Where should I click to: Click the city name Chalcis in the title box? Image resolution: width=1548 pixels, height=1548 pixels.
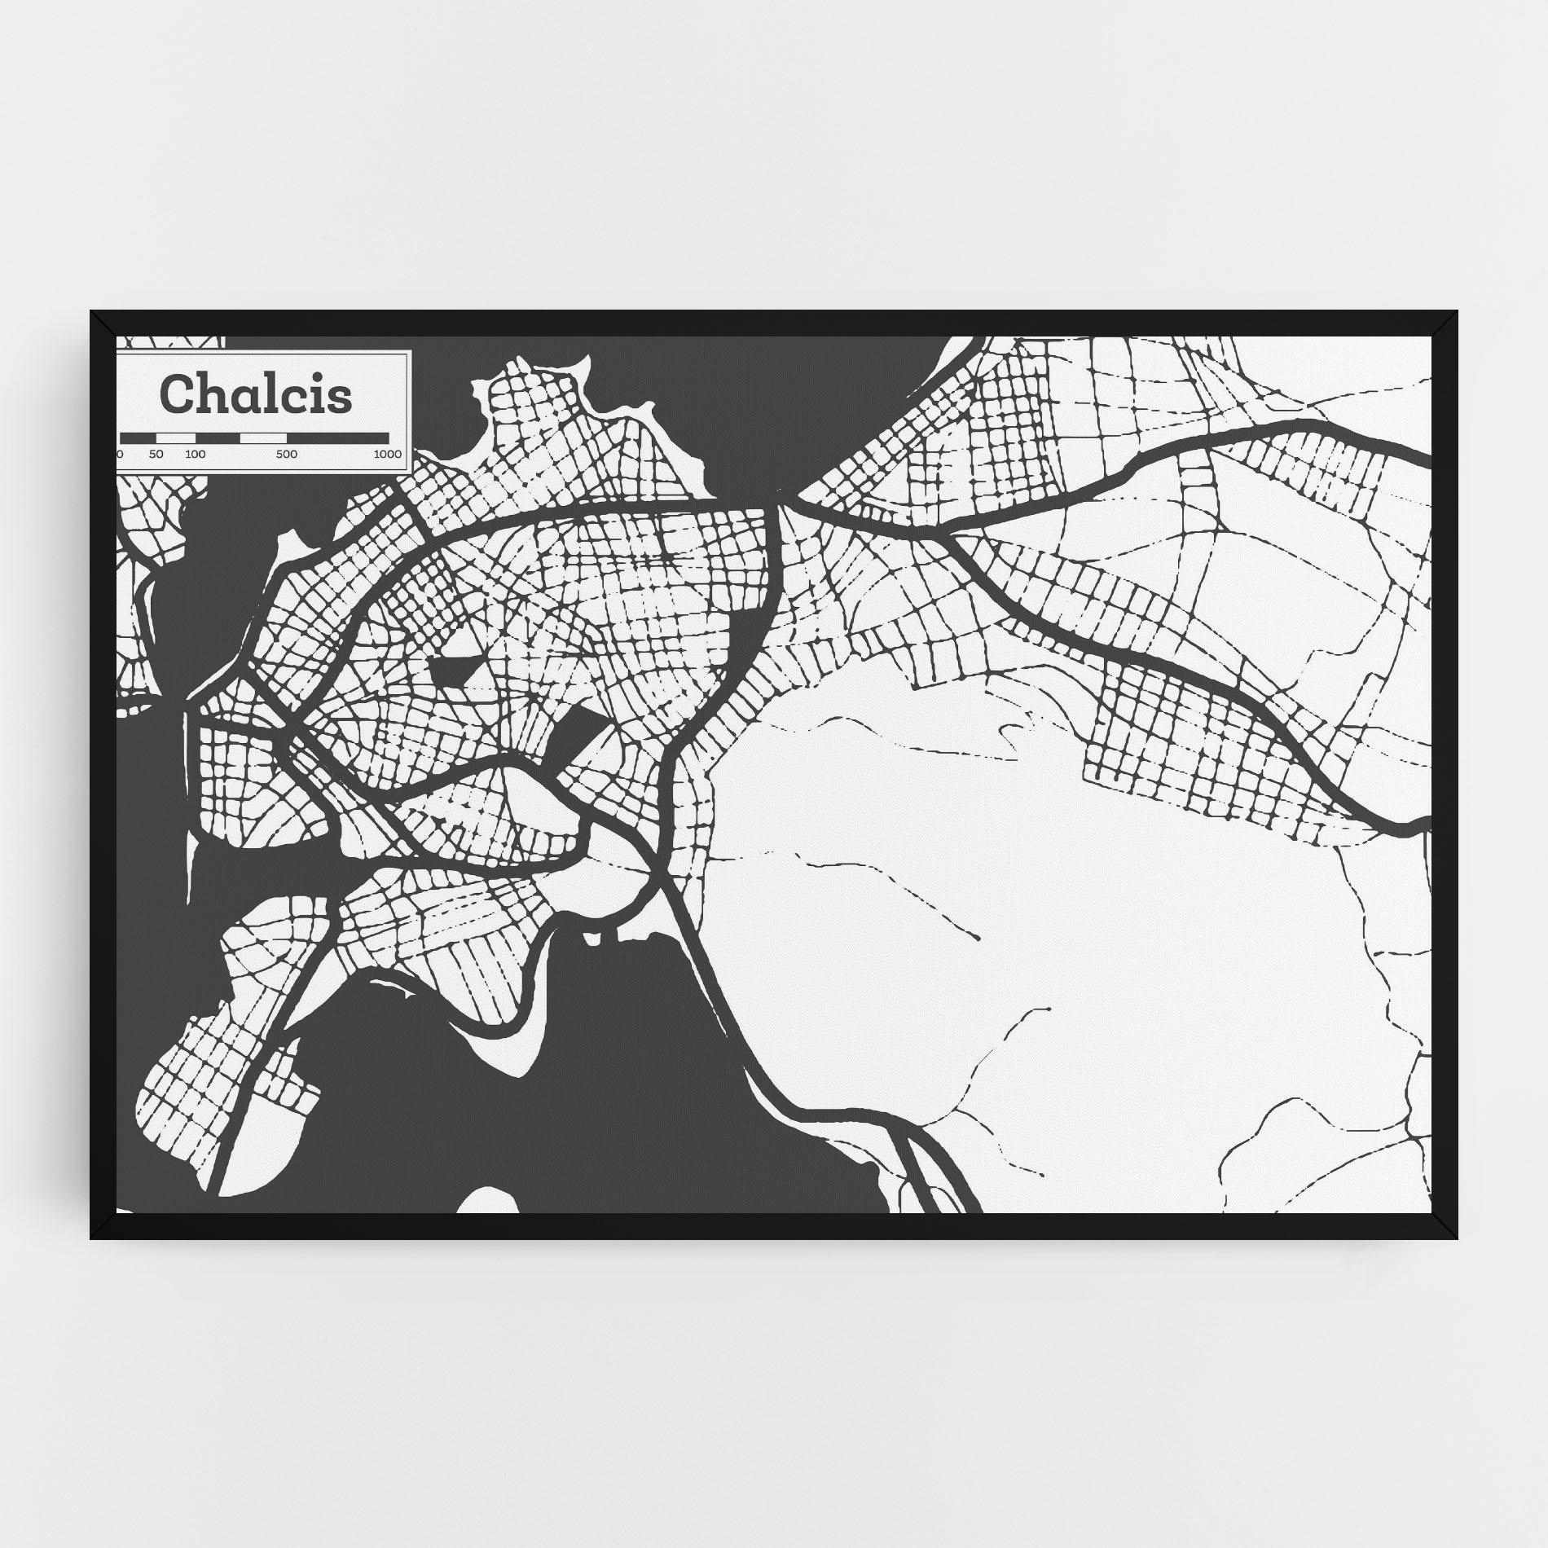pos(257,394)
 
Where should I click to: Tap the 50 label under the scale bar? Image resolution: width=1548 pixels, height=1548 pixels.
pos(156,454)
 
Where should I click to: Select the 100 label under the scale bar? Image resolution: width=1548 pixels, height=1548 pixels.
pos(195,454)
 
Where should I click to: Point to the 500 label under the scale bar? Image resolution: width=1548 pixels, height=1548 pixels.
pos(286,454)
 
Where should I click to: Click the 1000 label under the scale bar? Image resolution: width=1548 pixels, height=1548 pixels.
pos(387,454)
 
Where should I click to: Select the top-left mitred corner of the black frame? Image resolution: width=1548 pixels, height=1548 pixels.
pos(103,323)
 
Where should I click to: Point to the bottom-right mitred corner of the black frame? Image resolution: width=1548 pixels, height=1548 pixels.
pos(1445,1226)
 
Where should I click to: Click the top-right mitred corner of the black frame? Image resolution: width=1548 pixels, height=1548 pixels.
pos(1445,323)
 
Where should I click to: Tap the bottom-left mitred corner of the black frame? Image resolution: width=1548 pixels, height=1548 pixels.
pos(103,1226)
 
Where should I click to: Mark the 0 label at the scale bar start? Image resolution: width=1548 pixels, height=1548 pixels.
pos(121,454)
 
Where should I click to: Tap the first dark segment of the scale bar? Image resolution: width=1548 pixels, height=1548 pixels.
pos(138,438)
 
